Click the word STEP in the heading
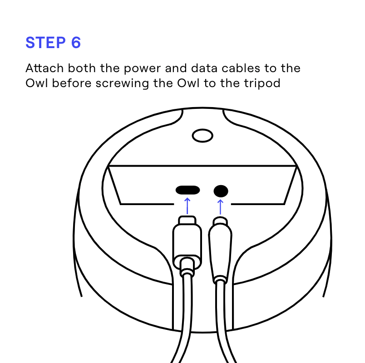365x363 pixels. coord(45,42)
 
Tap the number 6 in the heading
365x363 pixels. coord(75,42)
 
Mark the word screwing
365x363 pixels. coord(123,83)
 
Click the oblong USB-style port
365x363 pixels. coord(187,190)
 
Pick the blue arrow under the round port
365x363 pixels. coord(221,206)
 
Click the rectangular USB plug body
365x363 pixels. coord(187,245)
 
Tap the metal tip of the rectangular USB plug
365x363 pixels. coord(187,222)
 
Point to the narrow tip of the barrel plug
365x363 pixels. coord(220,222)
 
